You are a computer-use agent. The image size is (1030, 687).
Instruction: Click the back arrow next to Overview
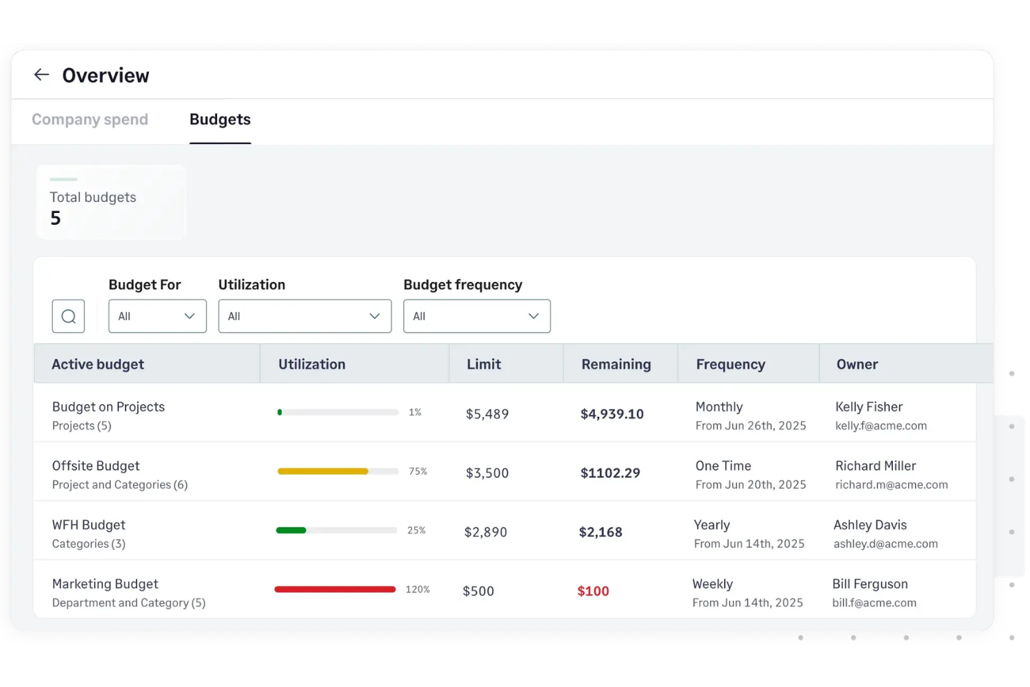tap(42, 75)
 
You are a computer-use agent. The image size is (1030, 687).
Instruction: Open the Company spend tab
tap(90, 120)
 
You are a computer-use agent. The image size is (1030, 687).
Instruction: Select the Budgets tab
tap(220, 120)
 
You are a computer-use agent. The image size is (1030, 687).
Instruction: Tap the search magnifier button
tap(68, 317)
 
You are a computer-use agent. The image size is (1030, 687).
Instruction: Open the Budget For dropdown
tap(157, 317)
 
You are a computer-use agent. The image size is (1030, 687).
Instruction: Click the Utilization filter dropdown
tap(305, 317)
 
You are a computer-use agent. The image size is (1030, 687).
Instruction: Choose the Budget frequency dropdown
tap(477, 317)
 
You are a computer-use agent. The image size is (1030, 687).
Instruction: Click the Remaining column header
tap(616, 365)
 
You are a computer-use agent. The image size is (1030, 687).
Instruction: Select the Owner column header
tap(857, 365)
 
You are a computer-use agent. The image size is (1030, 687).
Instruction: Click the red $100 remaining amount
tap(593, 592)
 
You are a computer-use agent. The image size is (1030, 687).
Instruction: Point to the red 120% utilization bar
tap(335, 590)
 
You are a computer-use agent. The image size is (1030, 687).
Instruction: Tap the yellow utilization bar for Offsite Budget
tap(323, 472)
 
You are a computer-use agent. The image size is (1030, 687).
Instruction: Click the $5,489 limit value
tap(487, 414)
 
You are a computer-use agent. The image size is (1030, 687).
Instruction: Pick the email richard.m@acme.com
tap(891, 485)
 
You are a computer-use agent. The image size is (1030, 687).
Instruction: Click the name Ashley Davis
tap(870, 526)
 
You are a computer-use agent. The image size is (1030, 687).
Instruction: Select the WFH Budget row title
tap(89, 526)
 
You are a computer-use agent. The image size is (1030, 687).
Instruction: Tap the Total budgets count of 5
tap(56, 219)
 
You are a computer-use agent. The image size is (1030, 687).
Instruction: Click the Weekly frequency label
tap(713, 585)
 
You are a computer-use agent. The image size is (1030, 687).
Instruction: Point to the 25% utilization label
tap(416, 530)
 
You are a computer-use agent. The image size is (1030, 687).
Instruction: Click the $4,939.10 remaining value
tap(612, 414)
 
